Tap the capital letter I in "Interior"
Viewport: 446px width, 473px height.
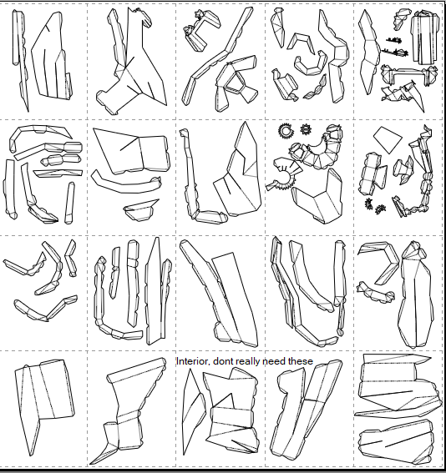click(x=178, y=361)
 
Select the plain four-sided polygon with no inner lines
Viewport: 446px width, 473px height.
click(x=388, y=139)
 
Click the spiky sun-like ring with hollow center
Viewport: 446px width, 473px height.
click(x=286, y=131)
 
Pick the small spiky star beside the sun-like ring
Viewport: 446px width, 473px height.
click(x=306, y=129)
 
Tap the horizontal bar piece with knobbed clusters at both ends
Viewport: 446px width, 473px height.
click(x=408, y=74)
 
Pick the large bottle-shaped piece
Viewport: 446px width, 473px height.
click(x=416, y=295)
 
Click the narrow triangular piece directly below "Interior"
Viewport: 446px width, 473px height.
click(x=193, y=410)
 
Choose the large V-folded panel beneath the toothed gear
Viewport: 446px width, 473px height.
click(x=317, y=196)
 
